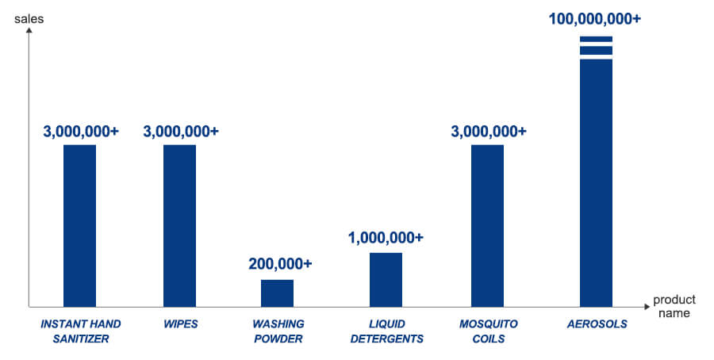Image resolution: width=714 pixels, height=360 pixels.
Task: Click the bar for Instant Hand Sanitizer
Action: [x=79, y=225]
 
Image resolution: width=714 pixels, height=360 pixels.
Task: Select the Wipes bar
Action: [x=179, y=225]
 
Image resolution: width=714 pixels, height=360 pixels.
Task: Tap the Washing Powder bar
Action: [x=277, y=293]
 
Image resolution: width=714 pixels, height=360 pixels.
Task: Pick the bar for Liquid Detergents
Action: [x=386, y=279]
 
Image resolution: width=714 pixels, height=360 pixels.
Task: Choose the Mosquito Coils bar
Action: [x=487, y=225]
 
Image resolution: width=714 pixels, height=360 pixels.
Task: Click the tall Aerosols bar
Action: [x=596, y=182]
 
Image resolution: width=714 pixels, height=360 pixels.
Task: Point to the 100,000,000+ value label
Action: [x=595, y=18]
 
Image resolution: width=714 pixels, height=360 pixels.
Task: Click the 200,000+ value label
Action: [x=280, y=263]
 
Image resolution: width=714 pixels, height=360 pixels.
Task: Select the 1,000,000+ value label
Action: [x=386, y=236]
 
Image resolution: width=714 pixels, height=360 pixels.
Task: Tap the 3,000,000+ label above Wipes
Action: [x=181, y=131]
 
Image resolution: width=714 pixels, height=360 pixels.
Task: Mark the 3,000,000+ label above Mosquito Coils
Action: [x=488, y=131]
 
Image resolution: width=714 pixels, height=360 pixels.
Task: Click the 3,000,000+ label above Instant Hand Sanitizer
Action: [x=80, y=131]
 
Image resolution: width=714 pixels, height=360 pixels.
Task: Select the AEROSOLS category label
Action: [x=597, y=324]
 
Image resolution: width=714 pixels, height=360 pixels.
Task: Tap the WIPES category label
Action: [x=180, y=324]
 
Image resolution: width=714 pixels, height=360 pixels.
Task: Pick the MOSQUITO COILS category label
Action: [x=488, y=331]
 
